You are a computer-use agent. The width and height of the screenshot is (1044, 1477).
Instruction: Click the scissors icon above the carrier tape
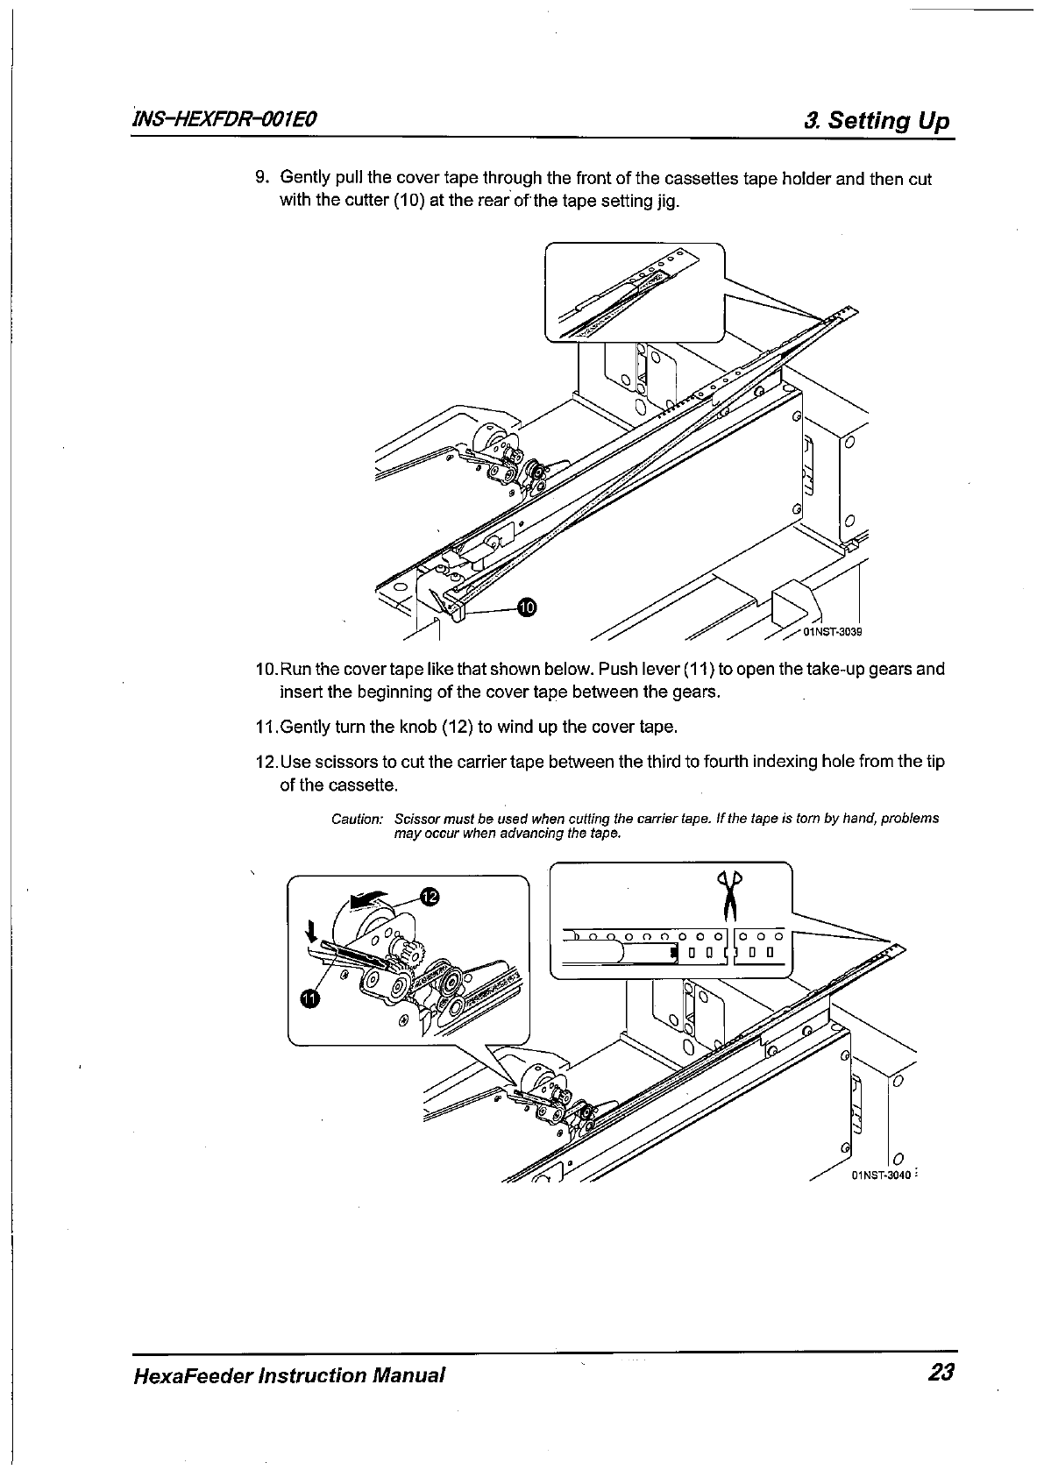728,892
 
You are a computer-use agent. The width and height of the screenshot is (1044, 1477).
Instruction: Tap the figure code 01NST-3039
833,631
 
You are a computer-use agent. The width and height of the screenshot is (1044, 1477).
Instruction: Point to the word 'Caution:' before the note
357,819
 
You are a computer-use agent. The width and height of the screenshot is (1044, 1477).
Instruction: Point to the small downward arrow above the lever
310,928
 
